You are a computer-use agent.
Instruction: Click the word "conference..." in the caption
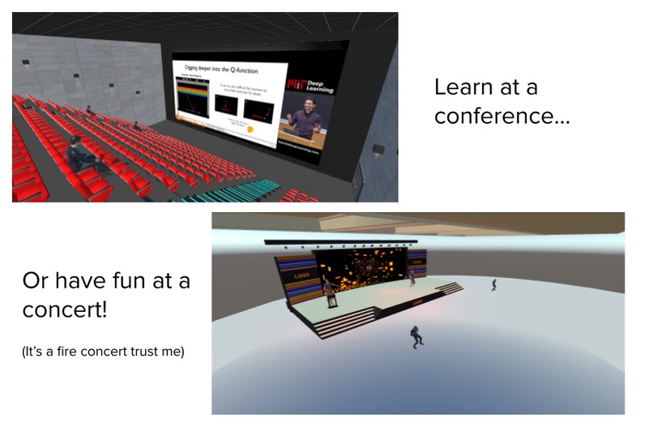(x=501, y=116)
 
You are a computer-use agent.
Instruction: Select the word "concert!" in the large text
(x=64, y=310)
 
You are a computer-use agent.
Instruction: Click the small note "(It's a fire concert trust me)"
(x=104, y=352)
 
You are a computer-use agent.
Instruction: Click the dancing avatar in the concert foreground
(x=416, y=335)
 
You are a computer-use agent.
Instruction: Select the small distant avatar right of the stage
(x=493, y=284)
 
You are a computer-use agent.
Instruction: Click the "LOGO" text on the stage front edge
(x=420, y=303)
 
